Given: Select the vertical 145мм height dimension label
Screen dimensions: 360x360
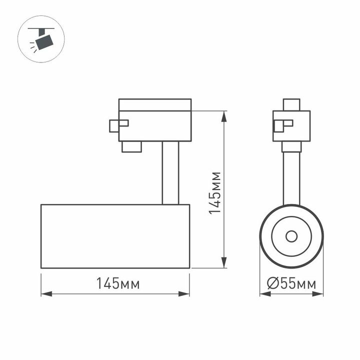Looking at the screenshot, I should (x=215, y=192).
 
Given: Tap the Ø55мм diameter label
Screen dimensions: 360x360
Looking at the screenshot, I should (x=291, y=284).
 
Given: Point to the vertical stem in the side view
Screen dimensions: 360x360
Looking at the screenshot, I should (x=170, y=173).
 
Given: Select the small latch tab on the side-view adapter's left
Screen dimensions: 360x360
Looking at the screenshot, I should (x=118, y=124).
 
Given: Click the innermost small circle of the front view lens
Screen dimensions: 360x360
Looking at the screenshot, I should (x=291, y=236).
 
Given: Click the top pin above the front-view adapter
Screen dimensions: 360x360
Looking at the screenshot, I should (x=291, y=104).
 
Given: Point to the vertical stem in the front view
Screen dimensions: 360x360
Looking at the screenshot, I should (x=291, y=178).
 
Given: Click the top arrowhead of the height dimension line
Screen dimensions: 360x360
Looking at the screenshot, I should (x=224, y=114).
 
